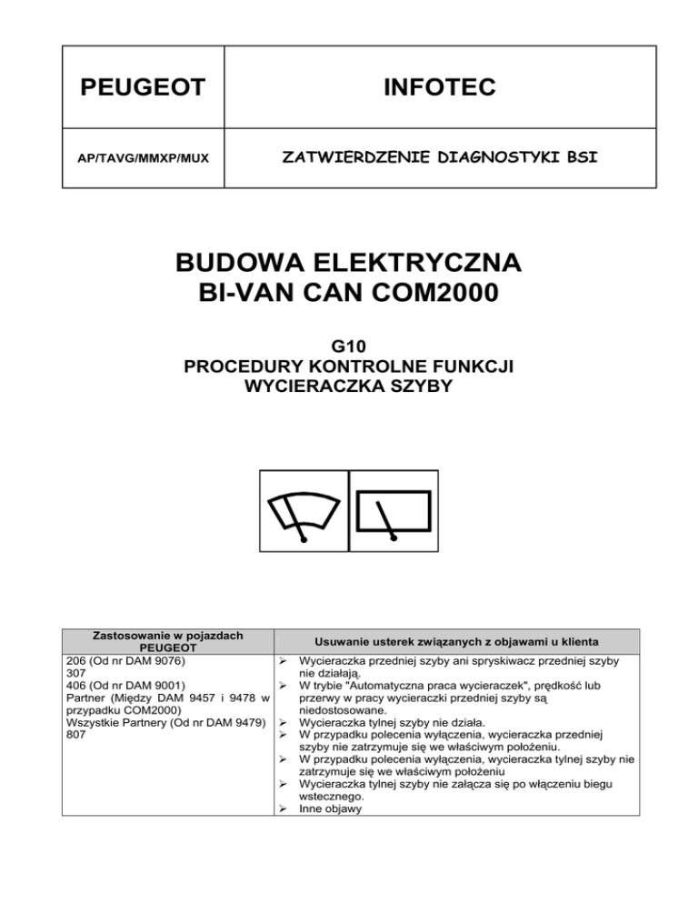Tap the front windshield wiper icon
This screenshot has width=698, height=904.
(304, 509)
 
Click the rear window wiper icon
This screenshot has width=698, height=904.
(394, 509)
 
